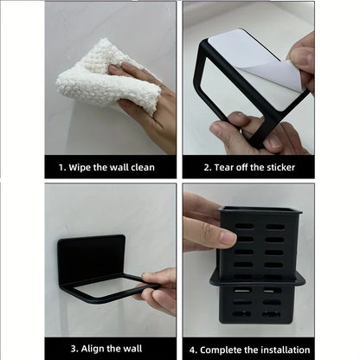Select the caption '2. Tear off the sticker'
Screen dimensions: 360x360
click(x=249, y=166)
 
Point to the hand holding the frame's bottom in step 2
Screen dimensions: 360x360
click(x=238, y=134)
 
